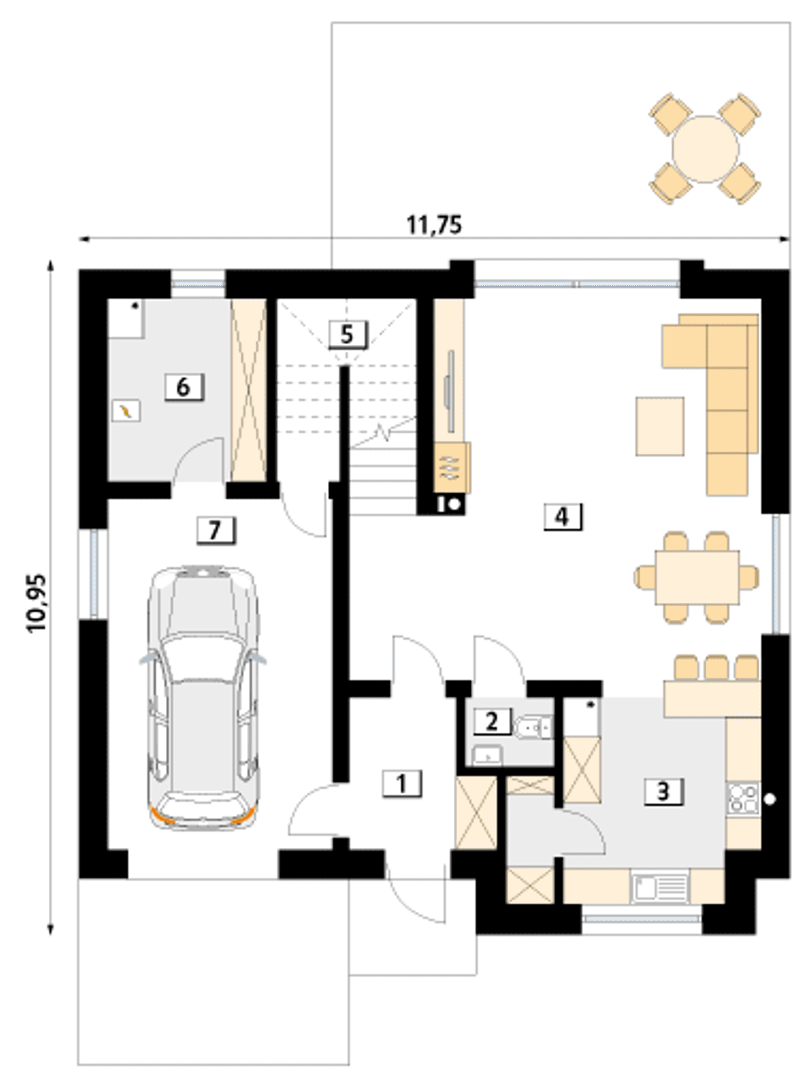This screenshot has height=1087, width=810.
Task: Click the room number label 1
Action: pos(402,784)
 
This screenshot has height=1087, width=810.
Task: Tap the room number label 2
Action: pos(492,721)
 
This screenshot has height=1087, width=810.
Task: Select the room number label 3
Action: pos(663,791)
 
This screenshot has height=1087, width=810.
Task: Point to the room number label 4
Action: pos(562,516)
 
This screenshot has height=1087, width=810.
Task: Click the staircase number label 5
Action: pos(347,333)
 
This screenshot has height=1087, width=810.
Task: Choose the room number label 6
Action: pos(183,387)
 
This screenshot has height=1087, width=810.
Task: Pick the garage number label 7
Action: pos(215,530)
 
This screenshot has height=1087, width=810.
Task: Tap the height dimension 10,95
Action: pos(37,603)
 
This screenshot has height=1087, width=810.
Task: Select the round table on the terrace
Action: pos(705,149)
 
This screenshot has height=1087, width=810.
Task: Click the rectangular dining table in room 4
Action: pos(697,577)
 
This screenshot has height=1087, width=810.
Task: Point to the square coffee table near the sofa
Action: pos(660,426)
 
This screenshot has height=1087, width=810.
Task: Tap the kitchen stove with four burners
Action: pos(743,799)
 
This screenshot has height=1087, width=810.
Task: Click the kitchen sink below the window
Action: pos(660,886)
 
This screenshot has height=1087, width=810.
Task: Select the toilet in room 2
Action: pos(533,728)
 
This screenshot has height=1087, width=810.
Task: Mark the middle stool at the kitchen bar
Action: pos(716,668)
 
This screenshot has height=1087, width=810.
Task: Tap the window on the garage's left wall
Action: pos(94,573)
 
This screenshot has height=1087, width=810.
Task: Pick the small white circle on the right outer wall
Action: pos(769,799)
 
